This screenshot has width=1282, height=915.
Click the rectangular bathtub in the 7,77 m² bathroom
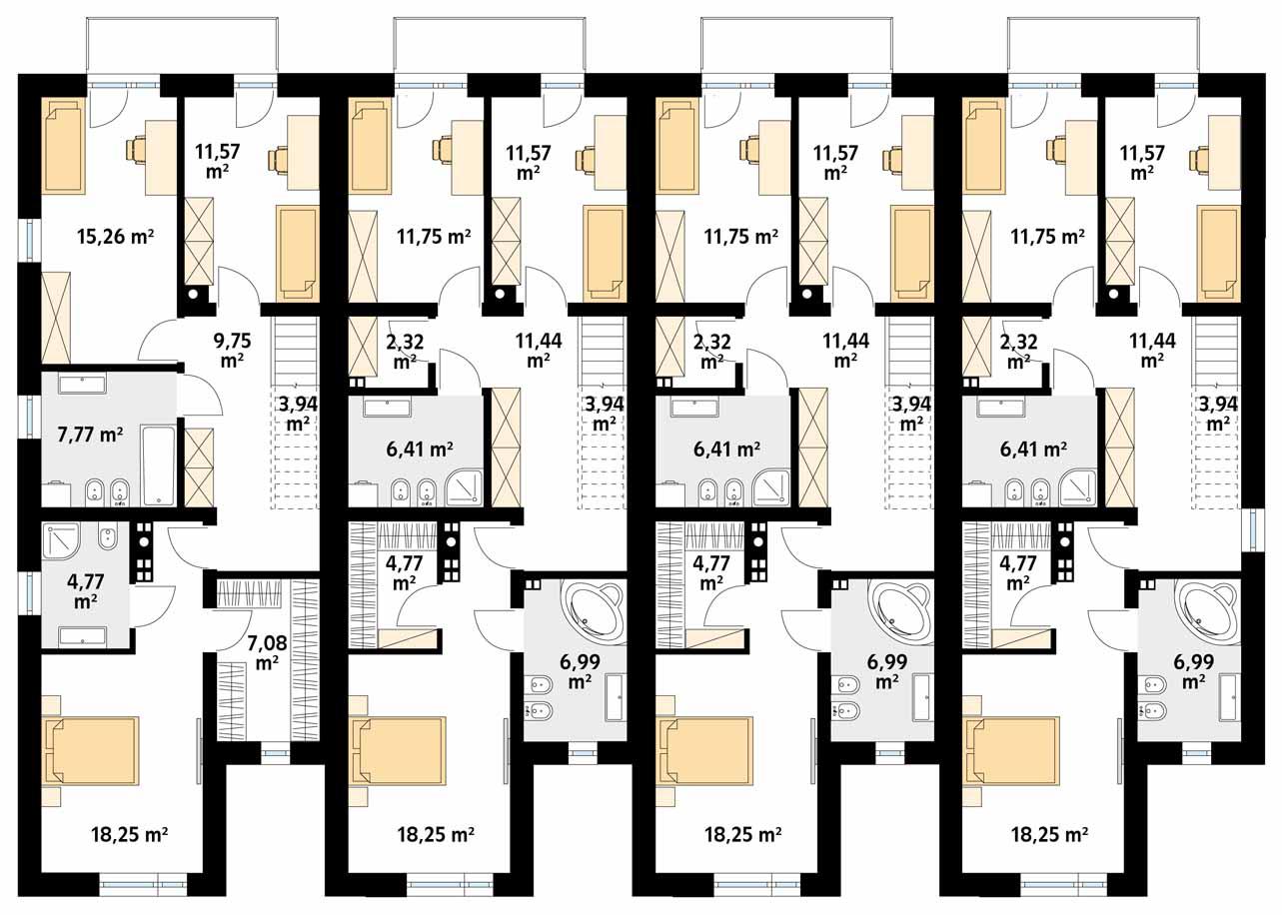[x=158, y=465]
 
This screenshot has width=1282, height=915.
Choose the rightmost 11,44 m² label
[x=1152, y=350]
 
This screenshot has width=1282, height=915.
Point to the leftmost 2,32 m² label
[x=404, y=351]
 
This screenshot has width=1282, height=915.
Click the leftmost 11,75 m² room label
[x=433, y=237]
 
